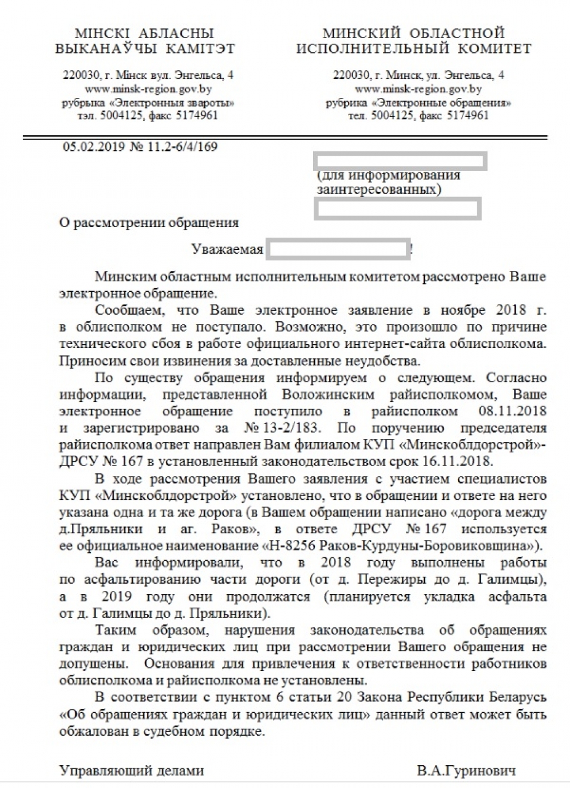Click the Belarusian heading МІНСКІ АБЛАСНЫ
144,32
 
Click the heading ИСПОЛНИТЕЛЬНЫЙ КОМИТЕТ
414,48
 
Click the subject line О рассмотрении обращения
148,223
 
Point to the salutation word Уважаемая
227,250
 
